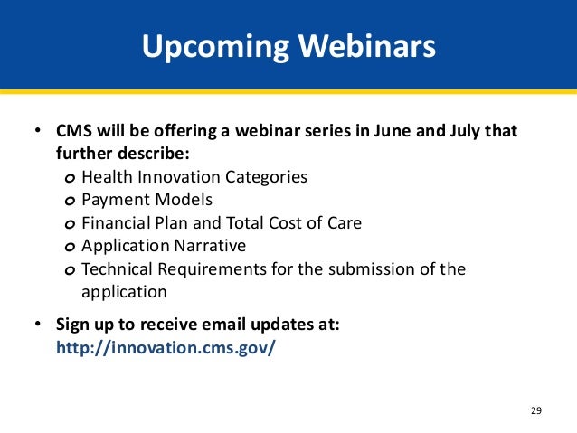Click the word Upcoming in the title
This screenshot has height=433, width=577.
tap(215, 47)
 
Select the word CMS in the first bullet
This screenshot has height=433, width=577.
tap(74, 131)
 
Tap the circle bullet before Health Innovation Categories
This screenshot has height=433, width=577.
tap(70, 178)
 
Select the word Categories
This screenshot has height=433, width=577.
tap(266, 178)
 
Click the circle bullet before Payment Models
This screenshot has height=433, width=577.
tap(70, 202)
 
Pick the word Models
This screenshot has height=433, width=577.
tap(184, 200)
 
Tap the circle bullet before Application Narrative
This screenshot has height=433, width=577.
tap(70, 247)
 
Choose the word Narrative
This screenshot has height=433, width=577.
tap(210, 246)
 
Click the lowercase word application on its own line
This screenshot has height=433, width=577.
tap(124, 293)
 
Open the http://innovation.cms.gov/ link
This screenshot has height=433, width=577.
tap(166, 348)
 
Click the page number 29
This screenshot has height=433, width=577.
tap(536, 410)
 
